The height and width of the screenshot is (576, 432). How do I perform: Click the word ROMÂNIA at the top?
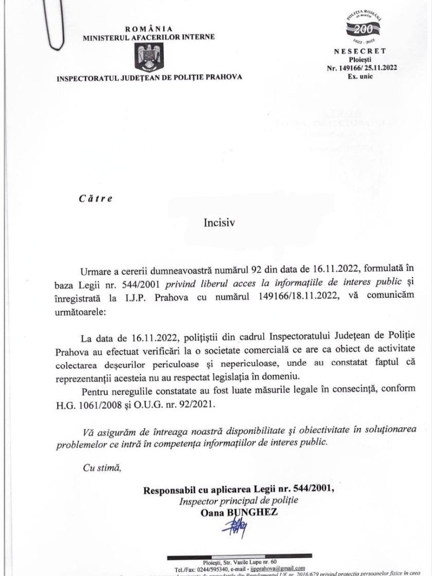tap(149, 29)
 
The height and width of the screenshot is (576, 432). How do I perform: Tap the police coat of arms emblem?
tap(149, 57)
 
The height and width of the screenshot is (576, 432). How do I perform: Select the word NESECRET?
tap(360, 51)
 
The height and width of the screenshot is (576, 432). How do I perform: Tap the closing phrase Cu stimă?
tap(101, 467)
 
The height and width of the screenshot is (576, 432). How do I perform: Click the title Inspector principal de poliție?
tap(238, 500)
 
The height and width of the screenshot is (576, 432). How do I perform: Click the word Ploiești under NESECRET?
tap(360, 60)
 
